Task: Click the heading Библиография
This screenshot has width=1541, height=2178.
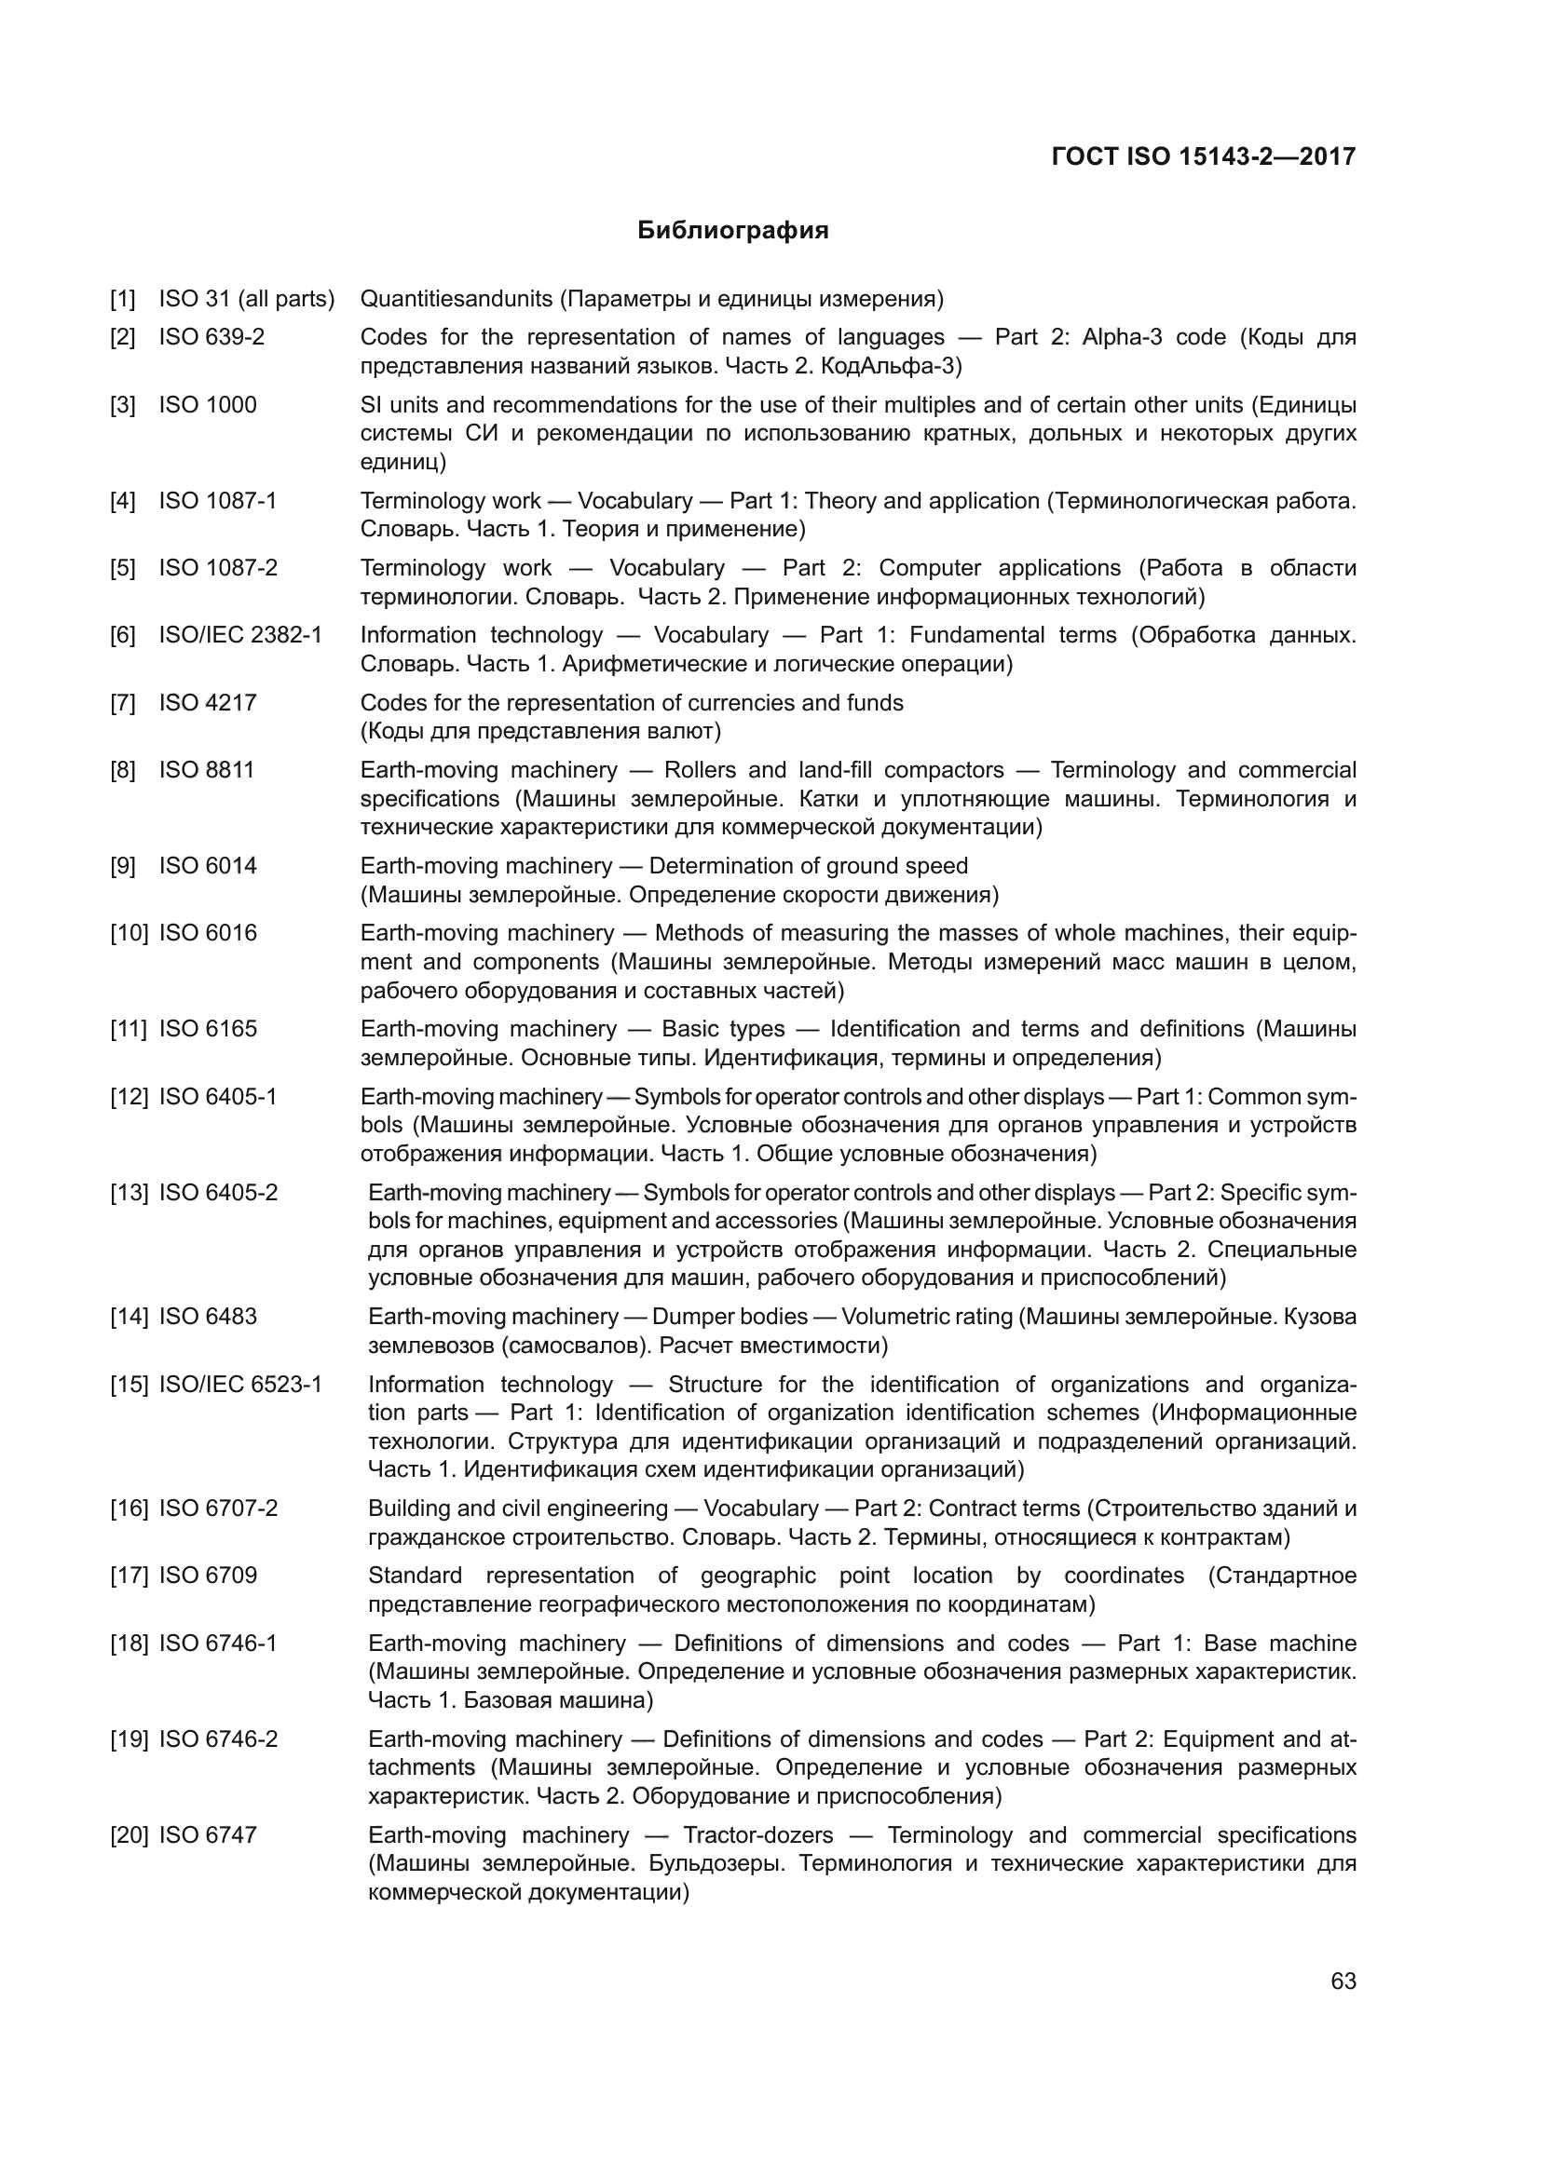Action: pyautogui.click(x=732, y=231)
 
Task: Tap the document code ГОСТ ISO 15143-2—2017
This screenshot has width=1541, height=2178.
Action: pyautogui.click(x=1203, y=156)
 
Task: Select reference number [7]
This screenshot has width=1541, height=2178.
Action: pyautogui.click(x=122, y=703)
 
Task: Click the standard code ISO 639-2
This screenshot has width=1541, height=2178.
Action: pyautogui.click(x=211, y=337)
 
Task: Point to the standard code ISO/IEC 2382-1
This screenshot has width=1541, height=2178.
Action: pyautogui.click(x=240, y=635)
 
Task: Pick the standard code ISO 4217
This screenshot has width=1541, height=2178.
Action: pyautogui.click(x=208, y=703)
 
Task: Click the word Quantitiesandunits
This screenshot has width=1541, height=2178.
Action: pyautogui.click(x=457, y=299)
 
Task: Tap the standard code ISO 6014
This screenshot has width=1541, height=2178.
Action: pyautogui.click(x=208, y=865)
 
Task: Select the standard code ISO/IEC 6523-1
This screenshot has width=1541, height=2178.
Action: pyautogui.click(x=240, y=1384)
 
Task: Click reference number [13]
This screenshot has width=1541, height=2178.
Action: pyautogui.click(x=130, y=1193)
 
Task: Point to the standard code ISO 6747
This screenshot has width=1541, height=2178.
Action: pyautogui.click(x=208, y=1834)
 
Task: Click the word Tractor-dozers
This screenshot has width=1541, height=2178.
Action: pyautogui.click(x=757, y=1834)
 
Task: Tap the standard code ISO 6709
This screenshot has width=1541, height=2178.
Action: pyautogui.click(x=208, y=1576)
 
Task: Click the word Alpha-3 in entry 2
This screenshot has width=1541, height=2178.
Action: pyautogui.click(x=1122, y=337)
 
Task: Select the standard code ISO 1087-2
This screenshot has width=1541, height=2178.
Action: pyautogui.click(x=218, y=567)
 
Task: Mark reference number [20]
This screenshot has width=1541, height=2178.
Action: pyautogui.click(x=130, y=1834)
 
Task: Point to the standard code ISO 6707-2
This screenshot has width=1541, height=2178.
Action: pyautogui.click(x=218, y=1508)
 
